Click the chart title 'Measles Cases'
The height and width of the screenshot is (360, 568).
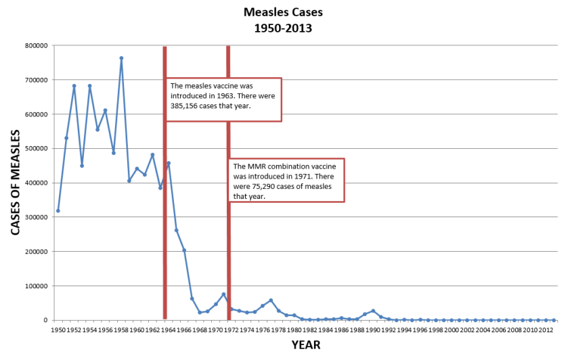click(284, 12)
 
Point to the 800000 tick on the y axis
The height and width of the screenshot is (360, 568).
click(36, 45)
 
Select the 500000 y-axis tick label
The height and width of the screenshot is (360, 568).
click(36, 148)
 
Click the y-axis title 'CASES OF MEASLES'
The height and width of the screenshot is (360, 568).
click(15, 182)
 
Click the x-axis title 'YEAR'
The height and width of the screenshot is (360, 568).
click(305, 344)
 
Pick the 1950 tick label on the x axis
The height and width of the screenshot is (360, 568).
click(58, 330)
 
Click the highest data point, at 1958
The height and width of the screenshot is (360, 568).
click(121, 58)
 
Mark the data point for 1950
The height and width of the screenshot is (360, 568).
click(58, 210)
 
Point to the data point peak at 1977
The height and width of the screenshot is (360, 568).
click(271, 300)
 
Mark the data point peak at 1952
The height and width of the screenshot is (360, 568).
click(74, 86)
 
